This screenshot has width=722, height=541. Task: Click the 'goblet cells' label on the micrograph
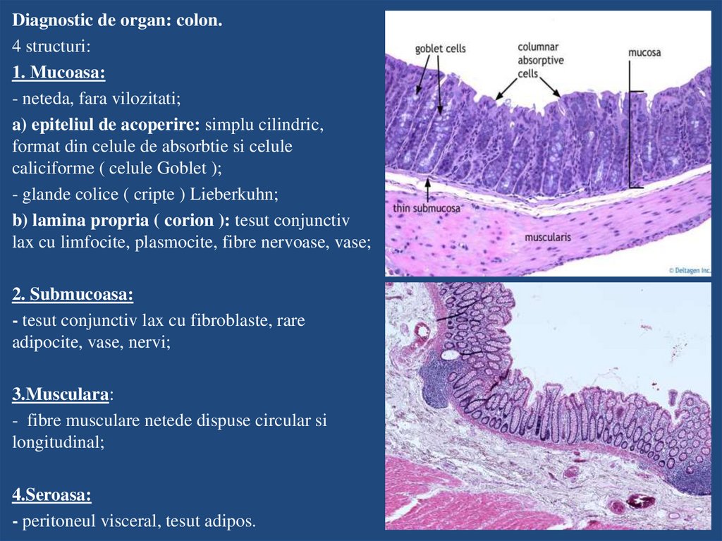coord(440,49)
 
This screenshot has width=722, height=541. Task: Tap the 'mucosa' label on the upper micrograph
coord(644,52)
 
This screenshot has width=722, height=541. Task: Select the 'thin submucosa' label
coord(427,209)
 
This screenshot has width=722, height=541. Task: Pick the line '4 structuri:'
coord(51,47)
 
